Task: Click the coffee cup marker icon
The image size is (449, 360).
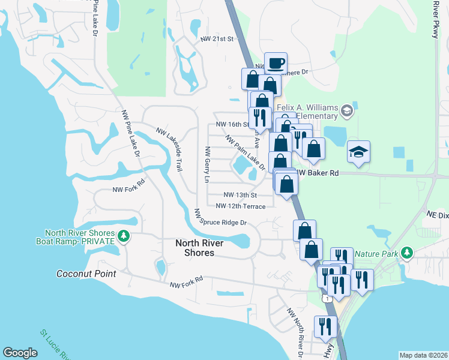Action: coord(276,63)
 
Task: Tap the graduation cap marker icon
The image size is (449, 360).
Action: coord(358,152)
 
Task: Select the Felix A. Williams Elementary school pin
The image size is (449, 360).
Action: coord(346,110)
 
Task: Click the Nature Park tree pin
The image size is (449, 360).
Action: coord(408,253)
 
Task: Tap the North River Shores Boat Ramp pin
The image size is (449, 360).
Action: coord(124,236)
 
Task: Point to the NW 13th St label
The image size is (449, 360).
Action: coord(240,195)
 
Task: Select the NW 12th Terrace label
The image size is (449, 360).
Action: coord(240,206)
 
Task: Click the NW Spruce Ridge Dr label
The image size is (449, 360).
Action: coord(220,218)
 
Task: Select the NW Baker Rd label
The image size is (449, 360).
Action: coord(318,173)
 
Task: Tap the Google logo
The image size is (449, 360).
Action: coord(20,352)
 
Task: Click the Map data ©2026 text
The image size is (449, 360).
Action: coord(423,355)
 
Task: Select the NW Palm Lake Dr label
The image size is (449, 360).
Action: coord(245,151)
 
